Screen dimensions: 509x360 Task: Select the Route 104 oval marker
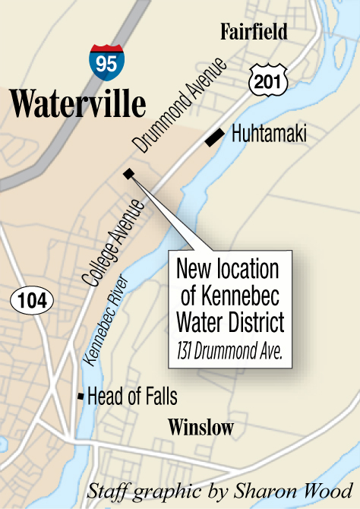click(33, 301)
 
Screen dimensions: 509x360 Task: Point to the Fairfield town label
click(254, 32)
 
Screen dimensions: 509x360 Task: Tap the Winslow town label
click(201, 427)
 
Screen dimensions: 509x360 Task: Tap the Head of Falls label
click(132, 397)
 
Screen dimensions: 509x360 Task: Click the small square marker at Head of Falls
click(81, 397)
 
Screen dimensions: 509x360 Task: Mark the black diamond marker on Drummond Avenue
click(128, 174)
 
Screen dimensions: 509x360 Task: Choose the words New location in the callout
click(228, 270)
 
